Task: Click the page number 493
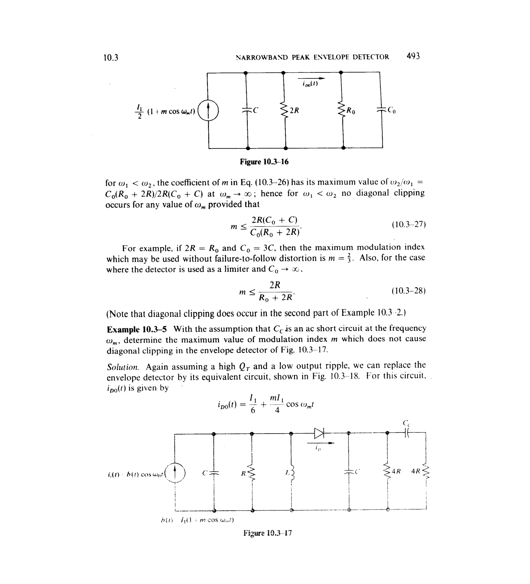click(413, 56)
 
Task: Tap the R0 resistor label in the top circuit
click(351, 111)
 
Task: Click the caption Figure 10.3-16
click(264, 162)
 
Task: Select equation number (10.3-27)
click(408, 224)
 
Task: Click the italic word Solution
click(123, 367)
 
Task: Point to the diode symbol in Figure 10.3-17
click(319, 434)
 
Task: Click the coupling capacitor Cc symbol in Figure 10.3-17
click(407, 433)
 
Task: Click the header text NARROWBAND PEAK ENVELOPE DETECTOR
click(312, 57)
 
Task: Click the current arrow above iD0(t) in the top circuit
click(311, 78)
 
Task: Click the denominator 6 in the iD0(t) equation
click(253, 410)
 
